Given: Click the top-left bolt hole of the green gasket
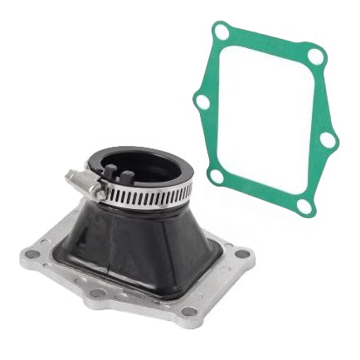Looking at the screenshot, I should click(221, 32).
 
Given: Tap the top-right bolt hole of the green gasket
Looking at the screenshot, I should click(316, 56).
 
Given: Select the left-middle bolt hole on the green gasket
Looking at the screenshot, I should click(202, 101).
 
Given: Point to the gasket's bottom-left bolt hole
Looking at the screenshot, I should click(216, 176).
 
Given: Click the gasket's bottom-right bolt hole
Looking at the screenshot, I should click(306, 205).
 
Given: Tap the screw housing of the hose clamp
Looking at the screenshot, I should click(85, 184).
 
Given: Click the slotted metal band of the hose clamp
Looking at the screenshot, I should click(149, 196).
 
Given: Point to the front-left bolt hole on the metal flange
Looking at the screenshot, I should click(97, 293).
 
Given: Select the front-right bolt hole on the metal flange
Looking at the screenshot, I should click(190, 312).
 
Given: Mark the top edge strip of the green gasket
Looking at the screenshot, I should click(270, 41).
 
